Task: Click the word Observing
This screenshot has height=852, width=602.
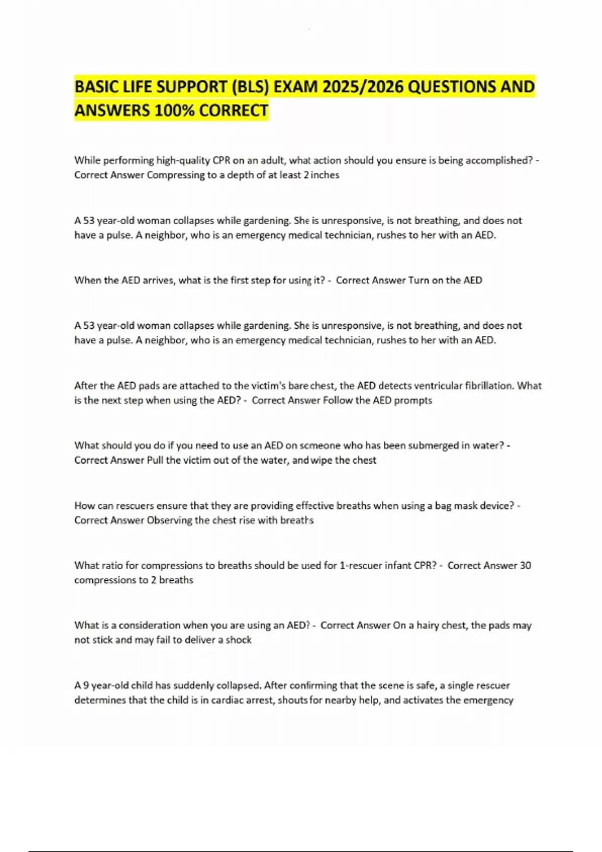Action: (170, 520)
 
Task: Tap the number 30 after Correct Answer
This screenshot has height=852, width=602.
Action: (525, 565)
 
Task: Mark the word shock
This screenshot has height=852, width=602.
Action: (238, 640)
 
